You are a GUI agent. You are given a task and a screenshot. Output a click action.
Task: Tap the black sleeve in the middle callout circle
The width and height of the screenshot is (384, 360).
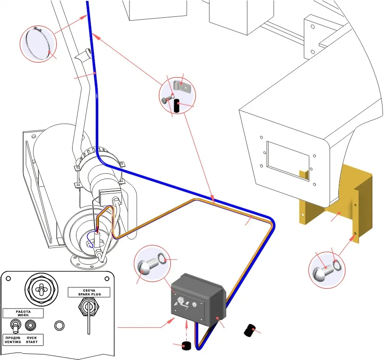[x=177, y=106]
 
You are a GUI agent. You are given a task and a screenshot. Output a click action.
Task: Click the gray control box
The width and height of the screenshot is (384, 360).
[x=198, y=300]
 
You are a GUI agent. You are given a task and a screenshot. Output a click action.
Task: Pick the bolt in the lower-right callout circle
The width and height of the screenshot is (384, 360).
[x=323, y=270]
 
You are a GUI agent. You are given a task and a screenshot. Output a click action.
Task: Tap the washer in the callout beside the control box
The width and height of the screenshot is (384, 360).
[x=162, y=259]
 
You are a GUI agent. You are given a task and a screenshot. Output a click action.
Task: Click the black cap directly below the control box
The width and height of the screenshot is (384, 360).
[x=187, y=346]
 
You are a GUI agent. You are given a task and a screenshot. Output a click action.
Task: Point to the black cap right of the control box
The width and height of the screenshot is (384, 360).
[x=249, y=330]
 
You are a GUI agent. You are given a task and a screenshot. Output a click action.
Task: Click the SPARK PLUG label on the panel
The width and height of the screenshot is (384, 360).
[x=90, y=294]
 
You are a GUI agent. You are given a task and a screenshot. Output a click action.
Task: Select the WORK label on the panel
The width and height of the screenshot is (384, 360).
[x=23, y=315]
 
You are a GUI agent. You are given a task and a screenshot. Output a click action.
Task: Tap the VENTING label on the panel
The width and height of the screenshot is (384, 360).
[x=13, y=342]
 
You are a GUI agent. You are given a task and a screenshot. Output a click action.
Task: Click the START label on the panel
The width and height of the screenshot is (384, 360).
[x=32, y=342]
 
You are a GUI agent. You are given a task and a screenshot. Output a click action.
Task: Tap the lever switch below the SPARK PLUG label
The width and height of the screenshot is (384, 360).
[x=89, y=311]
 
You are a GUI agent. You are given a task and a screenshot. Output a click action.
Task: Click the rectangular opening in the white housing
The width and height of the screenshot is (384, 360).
[x=288, y=161]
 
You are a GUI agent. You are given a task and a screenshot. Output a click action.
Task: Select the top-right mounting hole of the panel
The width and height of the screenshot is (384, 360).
[x=107, y=279]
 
